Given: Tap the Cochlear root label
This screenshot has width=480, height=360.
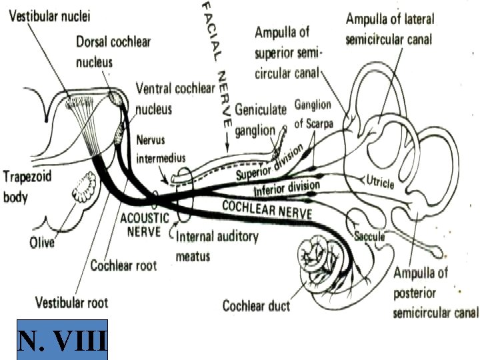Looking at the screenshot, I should tap(123, 265).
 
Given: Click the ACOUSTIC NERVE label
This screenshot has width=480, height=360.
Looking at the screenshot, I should tap(141, 225).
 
